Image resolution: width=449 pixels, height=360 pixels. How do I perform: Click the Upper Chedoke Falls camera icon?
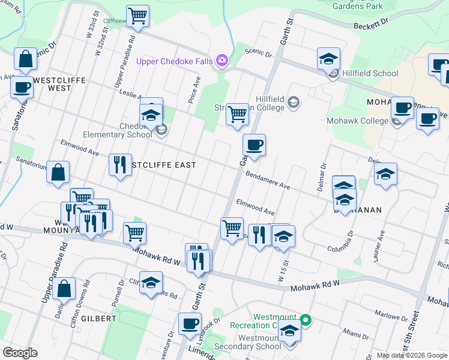point(222,60)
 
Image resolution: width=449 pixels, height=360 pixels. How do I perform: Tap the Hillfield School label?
point(370,74)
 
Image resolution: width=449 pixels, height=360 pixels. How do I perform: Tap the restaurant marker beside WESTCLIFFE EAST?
point(120,164)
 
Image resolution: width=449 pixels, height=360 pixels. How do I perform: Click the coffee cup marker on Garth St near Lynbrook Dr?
point(190,324)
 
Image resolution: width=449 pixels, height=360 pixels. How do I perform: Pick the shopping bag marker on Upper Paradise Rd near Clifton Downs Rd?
point(64,289)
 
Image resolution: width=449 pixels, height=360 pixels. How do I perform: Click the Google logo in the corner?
point(20,353)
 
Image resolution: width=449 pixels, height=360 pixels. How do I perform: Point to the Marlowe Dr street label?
point(391,316)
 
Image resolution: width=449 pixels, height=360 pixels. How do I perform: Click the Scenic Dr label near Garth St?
point(258,53)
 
